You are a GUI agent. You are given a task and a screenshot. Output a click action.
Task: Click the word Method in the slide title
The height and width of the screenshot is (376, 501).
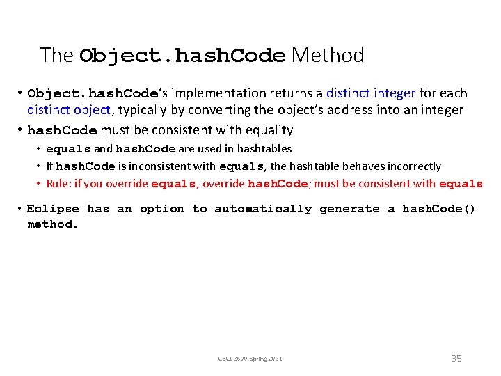327,55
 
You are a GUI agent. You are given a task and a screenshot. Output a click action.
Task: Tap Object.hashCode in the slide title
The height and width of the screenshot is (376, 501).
182,56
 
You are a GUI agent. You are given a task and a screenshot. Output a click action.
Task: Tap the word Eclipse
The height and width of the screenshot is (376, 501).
53,209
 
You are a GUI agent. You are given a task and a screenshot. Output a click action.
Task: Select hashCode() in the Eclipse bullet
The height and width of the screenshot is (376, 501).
438,209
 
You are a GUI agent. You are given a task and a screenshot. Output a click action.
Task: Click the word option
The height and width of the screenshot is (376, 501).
161,209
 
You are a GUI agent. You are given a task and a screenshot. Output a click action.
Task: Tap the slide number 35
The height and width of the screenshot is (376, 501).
456,359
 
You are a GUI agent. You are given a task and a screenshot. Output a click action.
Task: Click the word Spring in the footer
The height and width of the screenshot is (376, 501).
257,359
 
